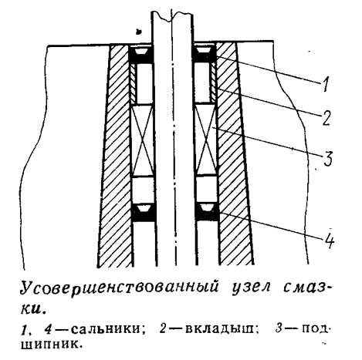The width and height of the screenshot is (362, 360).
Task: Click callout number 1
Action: tap(326, 84)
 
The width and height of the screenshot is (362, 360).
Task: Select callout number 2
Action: tap(326, 118)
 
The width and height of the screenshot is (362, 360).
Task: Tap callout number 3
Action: tap(327, 158)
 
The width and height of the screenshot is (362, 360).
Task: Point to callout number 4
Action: tap(328, 241)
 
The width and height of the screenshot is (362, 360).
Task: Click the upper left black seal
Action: tap(140, 55)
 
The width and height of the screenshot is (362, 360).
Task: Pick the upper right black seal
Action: tap(205, 54)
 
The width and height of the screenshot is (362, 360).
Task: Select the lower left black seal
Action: tap(144, 212)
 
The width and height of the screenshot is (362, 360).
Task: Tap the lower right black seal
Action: tap(208, 212)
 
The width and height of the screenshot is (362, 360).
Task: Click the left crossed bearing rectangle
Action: tap(142, 140)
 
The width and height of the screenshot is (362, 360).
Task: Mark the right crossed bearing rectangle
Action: tap(206, 139)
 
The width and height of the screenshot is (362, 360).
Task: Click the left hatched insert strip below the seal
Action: tap(133, 83)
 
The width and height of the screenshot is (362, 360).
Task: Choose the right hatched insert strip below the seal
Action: tap(214, 82)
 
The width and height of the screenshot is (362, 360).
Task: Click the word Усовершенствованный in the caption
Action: tap(120, 288)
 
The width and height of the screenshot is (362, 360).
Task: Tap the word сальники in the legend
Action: tap(106, 329)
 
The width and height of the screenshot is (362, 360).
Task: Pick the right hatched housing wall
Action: tap(234, 154)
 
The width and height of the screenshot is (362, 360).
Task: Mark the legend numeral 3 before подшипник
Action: tap(279, 328)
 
